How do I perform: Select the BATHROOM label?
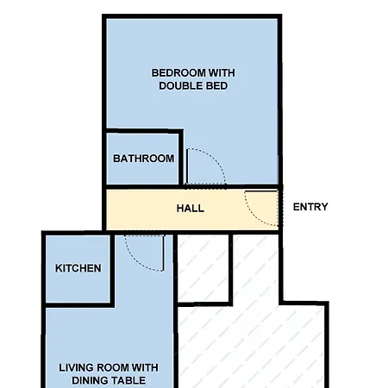tap(143, 159)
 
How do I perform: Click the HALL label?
tap(191, 208)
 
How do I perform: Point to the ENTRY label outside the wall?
tap(310, 207)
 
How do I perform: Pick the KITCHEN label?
tap(78, 268)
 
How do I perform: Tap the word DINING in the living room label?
tap(90, 380)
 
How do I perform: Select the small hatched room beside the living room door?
tap(203, 268)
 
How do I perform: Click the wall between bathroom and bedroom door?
tap(181, 157)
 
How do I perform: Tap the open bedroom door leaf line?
tap(187, 166)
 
